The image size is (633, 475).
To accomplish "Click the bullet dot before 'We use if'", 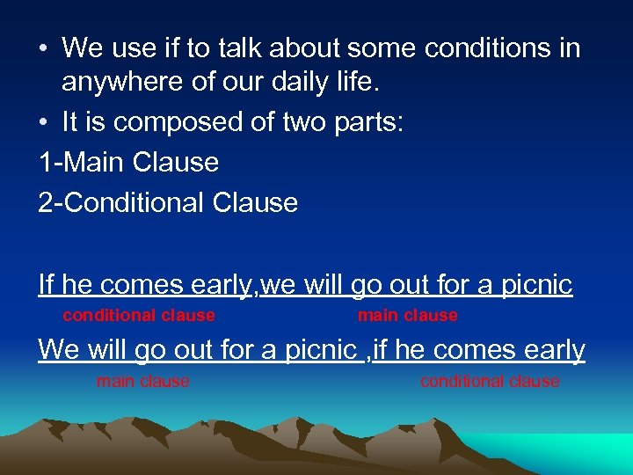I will coord(44,48).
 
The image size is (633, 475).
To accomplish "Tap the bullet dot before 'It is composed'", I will coord(44,123).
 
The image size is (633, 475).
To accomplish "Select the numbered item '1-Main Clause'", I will coord(128,163).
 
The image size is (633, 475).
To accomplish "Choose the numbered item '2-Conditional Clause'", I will coord(168,202).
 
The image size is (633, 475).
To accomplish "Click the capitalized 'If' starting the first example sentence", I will coord(47,284).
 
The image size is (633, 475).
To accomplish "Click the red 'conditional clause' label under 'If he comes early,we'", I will coord(139,315).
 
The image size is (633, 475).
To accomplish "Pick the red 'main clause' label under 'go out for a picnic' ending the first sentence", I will coord(407,315).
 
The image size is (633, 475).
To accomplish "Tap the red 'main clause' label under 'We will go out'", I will coord(142,381).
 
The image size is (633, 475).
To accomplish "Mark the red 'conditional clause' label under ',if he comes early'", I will coord(490,381).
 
